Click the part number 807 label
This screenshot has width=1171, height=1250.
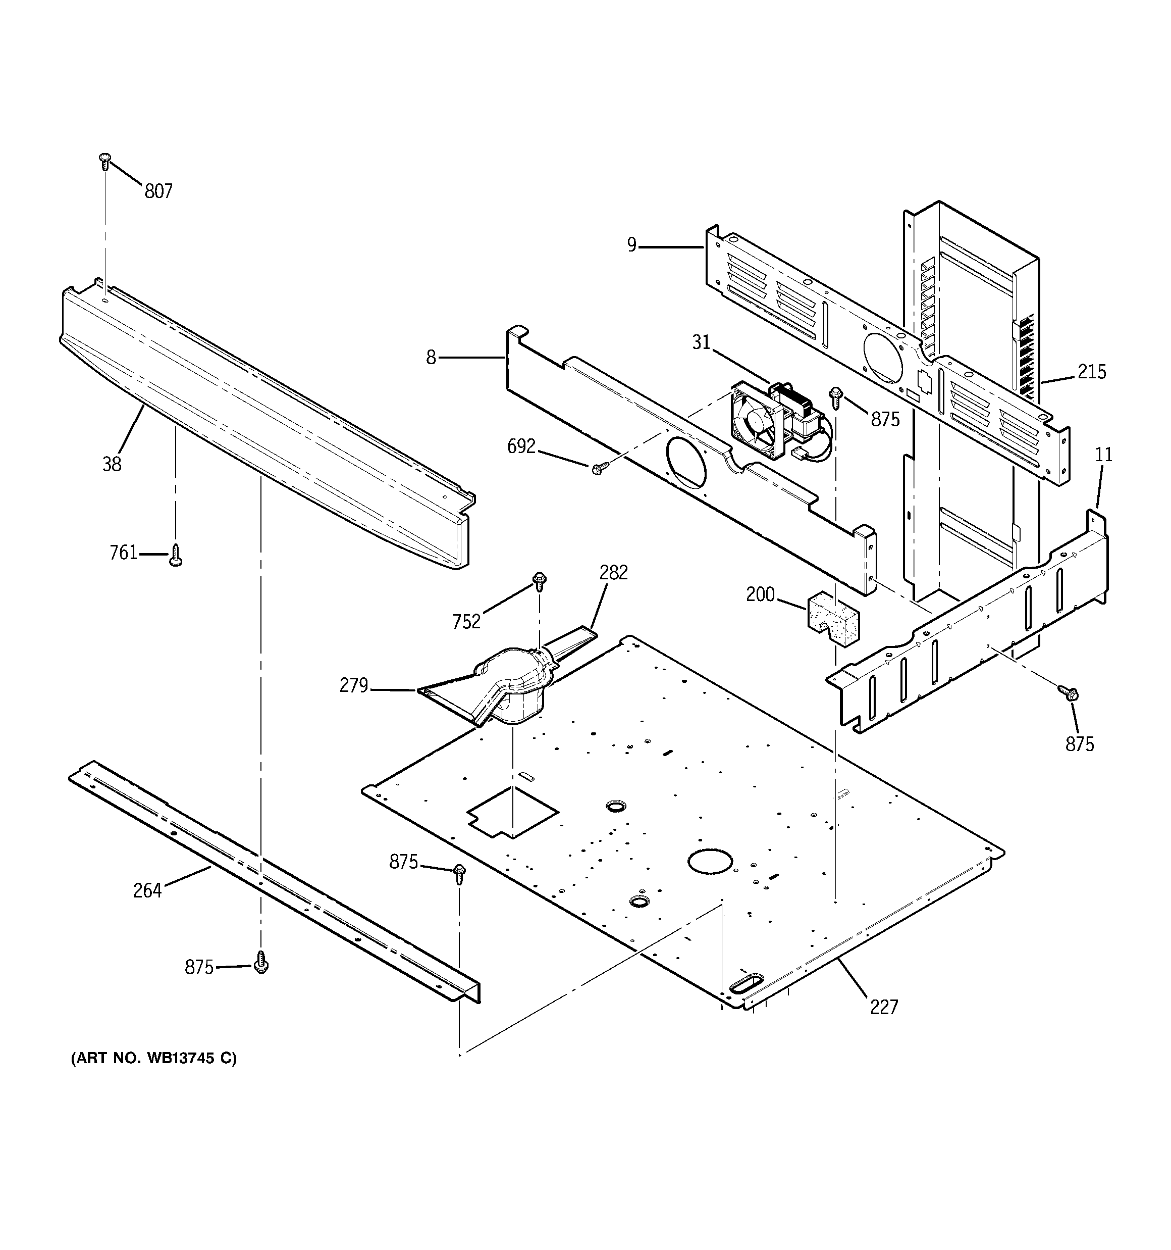click(158, 191)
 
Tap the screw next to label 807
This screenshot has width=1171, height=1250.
click(105, 161)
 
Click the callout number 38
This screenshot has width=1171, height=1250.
click(112, 465)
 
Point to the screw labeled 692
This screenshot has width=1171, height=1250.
click(599, 467)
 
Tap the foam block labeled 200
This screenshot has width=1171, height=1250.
click(832, 618)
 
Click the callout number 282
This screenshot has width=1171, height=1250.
click(613, 573)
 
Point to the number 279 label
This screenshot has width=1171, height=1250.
click(353, 685)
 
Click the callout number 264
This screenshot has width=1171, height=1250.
click(147, 890)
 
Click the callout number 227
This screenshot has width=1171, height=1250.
click(884, 1007)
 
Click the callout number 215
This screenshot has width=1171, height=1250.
click(1092, 372)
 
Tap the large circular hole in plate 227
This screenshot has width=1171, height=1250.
click(711, 862)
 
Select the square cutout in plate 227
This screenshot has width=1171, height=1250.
click(512, 812)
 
